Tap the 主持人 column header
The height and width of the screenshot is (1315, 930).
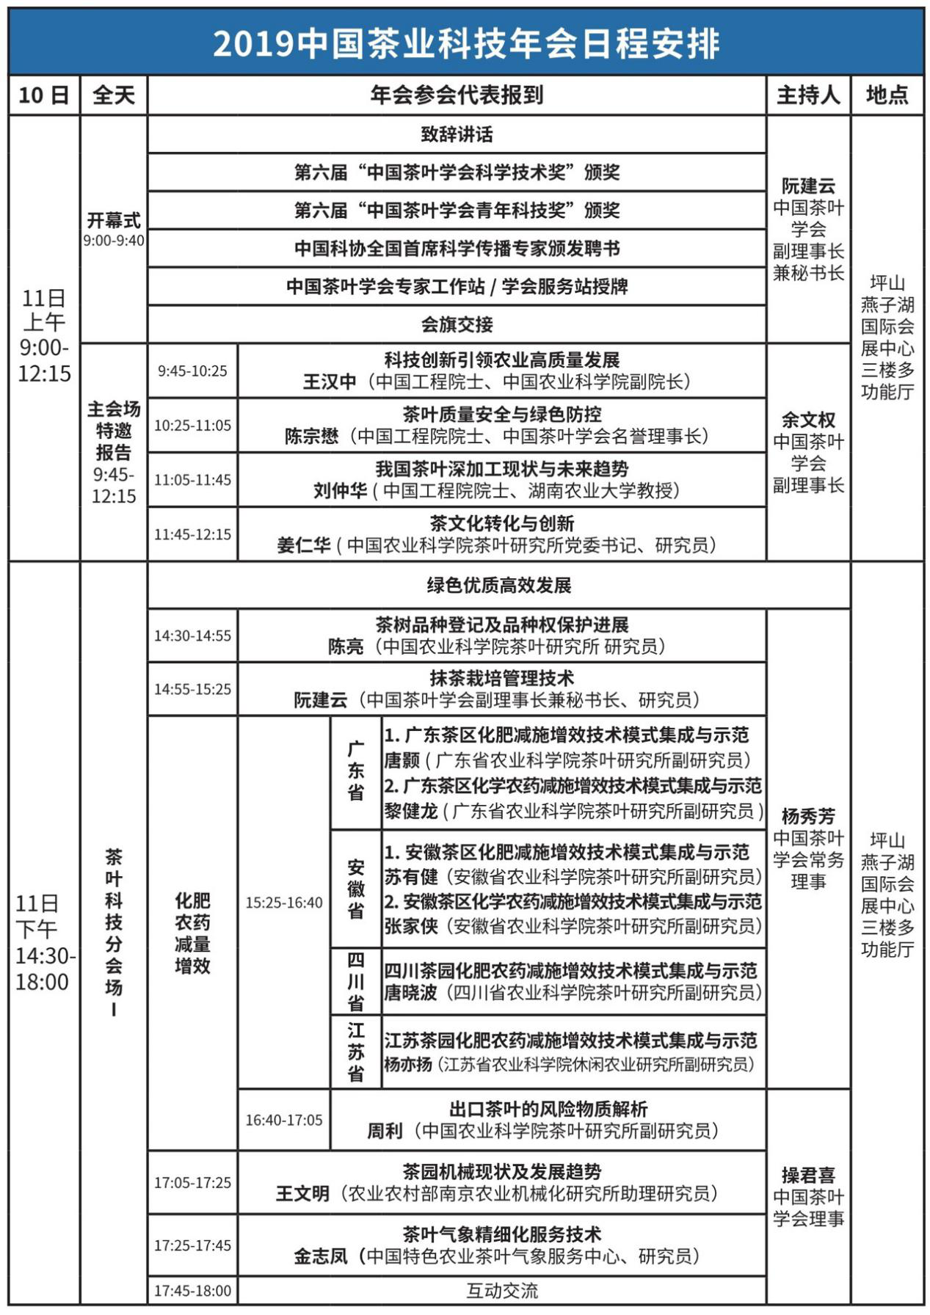click(808, 95)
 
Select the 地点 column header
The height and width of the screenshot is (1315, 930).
click(887, 95)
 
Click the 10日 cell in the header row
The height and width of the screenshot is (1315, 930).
click(44, 95)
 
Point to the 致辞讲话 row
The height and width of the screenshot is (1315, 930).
click(457, 134)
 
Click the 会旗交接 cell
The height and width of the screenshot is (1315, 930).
click(457, 324)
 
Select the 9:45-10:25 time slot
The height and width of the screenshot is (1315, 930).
click(192, 371)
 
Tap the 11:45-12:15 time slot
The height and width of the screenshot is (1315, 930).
click(192, 535)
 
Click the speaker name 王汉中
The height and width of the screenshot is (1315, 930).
click(330, 382)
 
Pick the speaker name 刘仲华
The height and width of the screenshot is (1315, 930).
click(340, 491)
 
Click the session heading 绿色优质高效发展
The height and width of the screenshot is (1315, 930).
click(499, 586)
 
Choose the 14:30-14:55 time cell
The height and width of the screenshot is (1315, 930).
click(192, 635)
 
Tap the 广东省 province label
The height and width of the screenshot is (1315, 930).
click(356, 771)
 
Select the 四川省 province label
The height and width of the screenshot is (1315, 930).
click(356, 981)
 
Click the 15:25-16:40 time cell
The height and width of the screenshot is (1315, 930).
click(284, 903)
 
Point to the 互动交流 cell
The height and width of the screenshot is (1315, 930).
click(502, 1290)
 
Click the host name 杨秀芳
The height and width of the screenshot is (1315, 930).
click(808, 817)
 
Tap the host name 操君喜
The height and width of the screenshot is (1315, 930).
click(808, 1176)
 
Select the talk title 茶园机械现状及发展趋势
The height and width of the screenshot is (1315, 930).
click(502, 1172)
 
